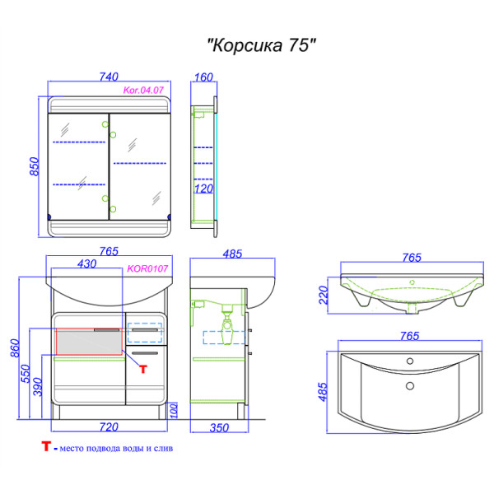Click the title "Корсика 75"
click(260, 46)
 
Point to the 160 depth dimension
click(203, 77)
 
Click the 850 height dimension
click(35, 167)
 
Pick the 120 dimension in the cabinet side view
click(203, 189)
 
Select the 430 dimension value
click(86, 263)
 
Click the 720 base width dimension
click(109, 426)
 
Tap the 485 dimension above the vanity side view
click(232, 254)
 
